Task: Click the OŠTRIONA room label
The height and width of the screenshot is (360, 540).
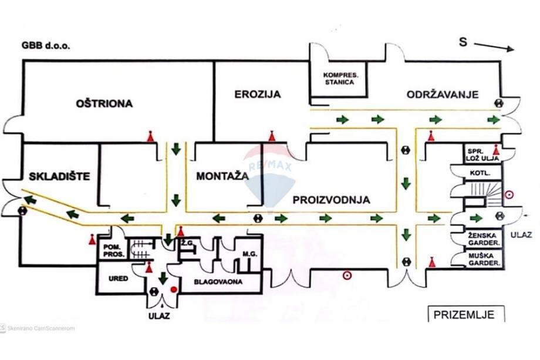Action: tap(104, 104)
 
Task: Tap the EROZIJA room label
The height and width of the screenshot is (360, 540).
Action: tap(258, 94)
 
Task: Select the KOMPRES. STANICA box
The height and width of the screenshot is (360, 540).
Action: tap(339, 79)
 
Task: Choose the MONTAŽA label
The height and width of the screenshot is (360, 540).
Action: tap(220, 176)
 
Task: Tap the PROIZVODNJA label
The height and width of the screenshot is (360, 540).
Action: tap(332, 200)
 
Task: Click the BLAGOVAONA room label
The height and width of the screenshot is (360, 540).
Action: tap(222, 281)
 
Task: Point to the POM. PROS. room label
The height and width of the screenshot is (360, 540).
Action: tap(113, 251)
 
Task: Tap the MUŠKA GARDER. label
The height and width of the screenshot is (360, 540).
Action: tap(484, 260)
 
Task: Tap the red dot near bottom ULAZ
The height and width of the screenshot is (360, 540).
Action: tap(173, 290)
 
